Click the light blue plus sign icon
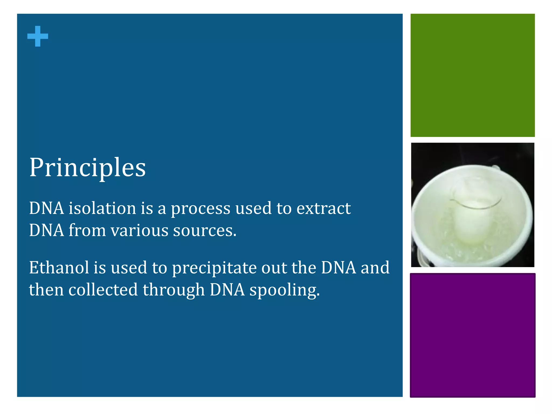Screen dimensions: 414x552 (x=38, y=36)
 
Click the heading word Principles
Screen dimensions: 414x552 (x=87, y=168)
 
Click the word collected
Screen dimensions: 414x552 (x=103, y=290)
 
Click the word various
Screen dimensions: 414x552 (x=139, y=231)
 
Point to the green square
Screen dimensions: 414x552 (x=472, y=75)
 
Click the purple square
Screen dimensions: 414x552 (x=472, y=335)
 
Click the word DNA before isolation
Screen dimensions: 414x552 (x=46, y=208)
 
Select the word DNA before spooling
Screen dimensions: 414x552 (x=227, y=290)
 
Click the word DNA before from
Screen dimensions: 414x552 (x=46, y=231)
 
